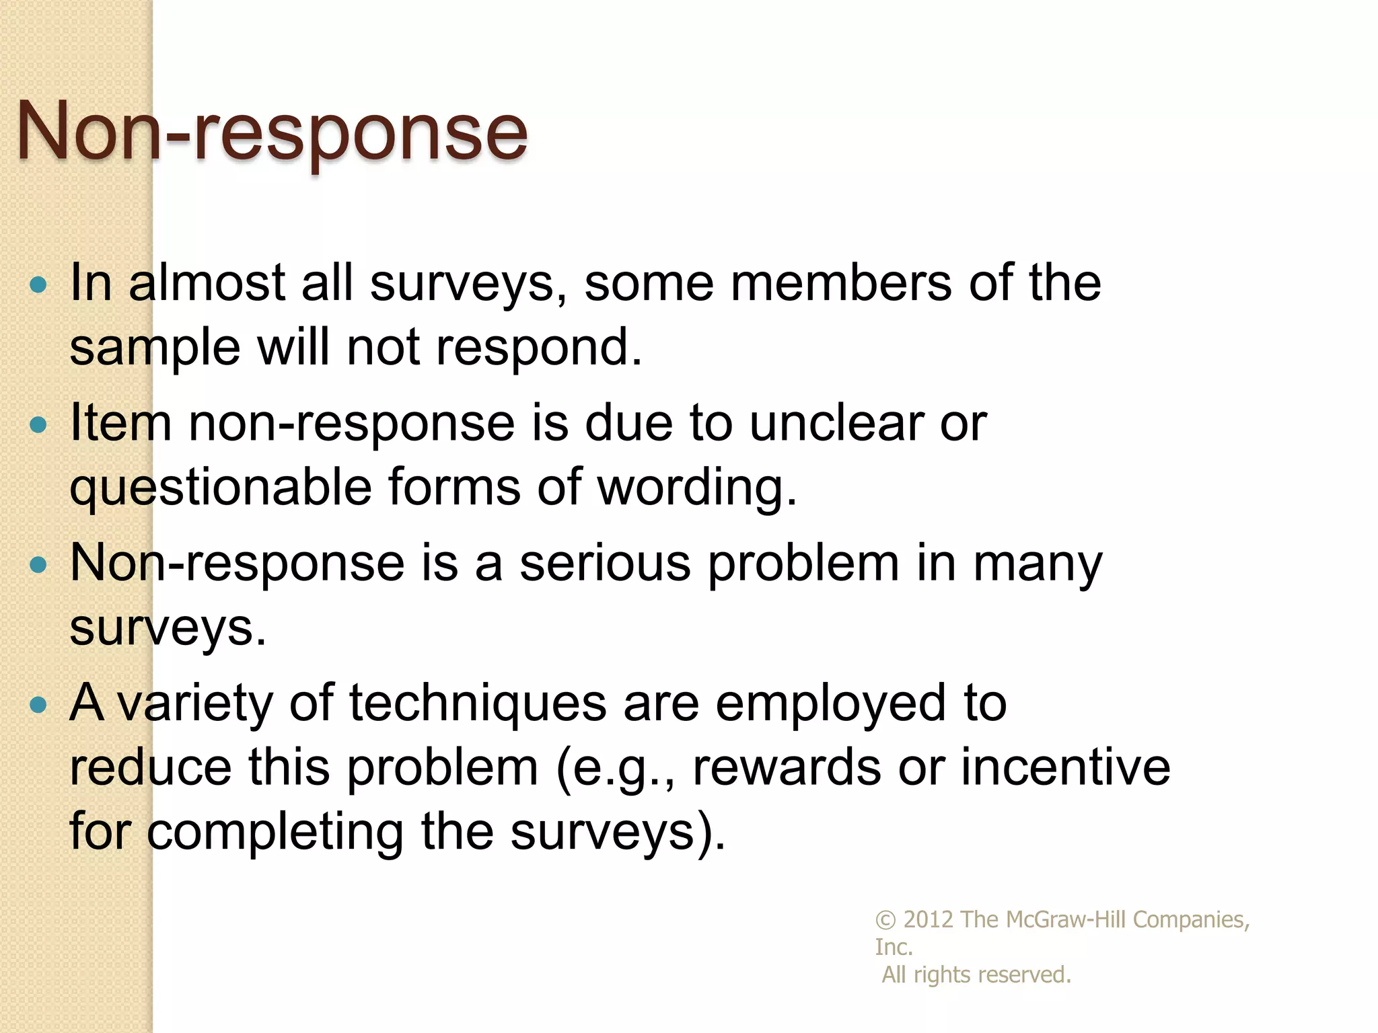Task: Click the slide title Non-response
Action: point(272,132)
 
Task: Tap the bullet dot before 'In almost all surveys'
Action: point(39,284)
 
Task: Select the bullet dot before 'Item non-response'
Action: point(39,424)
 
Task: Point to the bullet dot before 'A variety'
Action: point(39,704)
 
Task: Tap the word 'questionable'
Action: point(221,488)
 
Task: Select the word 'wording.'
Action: point(697,488)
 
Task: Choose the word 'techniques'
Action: point(478,703)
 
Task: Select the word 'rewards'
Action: point(786,767)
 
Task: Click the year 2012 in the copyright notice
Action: point(928,919)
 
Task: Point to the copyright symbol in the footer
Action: point(885,920)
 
